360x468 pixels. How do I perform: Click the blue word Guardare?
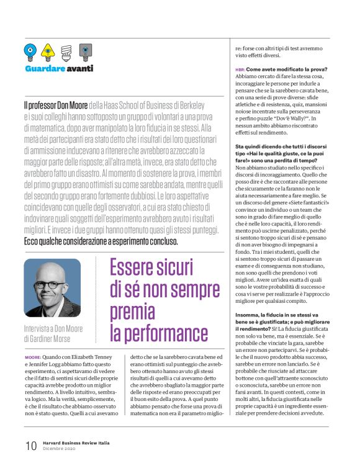click(x=45, y=68)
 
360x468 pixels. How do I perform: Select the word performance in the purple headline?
click(x=159, y=332)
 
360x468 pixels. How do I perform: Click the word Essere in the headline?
click(x=132, y=269)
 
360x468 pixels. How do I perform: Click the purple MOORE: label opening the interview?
click(x=32, y=358)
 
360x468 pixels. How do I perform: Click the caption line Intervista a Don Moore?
click(x=54, y=328)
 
